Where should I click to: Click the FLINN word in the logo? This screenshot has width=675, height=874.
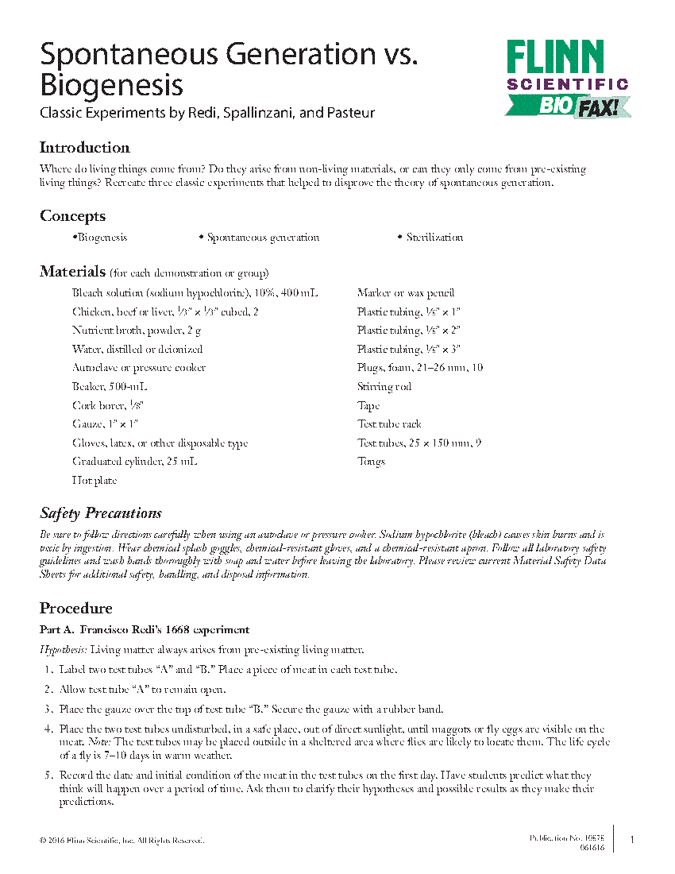point(556,58)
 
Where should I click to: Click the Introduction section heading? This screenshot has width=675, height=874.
point(84,148)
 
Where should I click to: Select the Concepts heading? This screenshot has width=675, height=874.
point(72,216)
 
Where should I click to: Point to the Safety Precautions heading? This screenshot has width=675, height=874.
point(101,513)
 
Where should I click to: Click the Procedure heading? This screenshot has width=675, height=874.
point(75,609)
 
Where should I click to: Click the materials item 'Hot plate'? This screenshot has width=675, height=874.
point(94,480)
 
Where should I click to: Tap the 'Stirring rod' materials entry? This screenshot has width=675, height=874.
point(384,387)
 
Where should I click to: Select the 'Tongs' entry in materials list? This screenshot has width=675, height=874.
point(371,462)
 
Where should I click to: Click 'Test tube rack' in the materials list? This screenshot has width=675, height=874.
point(389,424)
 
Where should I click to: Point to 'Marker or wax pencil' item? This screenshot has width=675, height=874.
point(395,293)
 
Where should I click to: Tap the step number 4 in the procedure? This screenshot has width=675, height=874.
point(47,729)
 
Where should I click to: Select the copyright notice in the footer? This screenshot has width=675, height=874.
point(121,840)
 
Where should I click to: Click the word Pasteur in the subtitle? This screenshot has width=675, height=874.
point(349,113)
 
